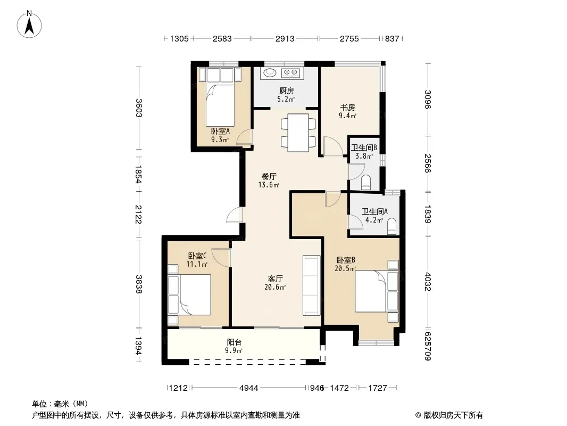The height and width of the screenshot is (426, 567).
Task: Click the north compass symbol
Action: [29, 24]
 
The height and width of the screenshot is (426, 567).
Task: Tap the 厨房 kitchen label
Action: [286, 91]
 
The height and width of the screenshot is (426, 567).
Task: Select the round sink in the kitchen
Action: [270, 73]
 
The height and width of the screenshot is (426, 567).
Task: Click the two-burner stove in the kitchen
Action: [291, 73]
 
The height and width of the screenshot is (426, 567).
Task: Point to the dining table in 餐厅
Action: [298, 133]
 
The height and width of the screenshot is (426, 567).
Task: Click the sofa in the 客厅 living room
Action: [312, 285]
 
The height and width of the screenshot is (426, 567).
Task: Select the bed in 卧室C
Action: [189, 294]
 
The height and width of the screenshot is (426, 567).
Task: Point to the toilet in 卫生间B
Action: [366, 182]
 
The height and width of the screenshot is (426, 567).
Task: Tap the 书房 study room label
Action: [347, 107]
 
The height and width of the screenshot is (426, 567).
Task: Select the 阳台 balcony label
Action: [234, 342]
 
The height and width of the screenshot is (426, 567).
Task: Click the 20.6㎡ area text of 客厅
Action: [275, 288]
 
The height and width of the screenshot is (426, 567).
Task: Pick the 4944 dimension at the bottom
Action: [249, 388]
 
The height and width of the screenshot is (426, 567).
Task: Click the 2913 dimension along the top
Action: [285, 38]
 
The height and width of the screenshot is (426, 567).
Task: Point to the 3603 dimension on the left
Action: [138, 108]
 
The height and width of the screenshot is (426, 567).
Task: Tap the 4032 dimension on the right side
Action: [428, 281]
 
